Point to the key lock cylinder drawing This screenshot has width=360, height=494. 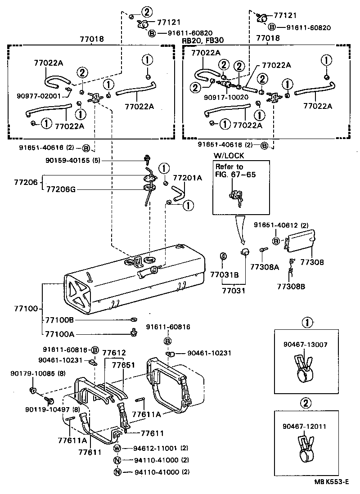click(236, 196)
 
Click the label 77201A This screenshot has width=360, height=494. click(188, 178)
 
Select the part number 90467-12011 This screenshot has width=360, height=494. click(305, 426)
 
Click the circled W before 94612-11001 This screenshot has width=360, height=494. click(117, 449)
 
